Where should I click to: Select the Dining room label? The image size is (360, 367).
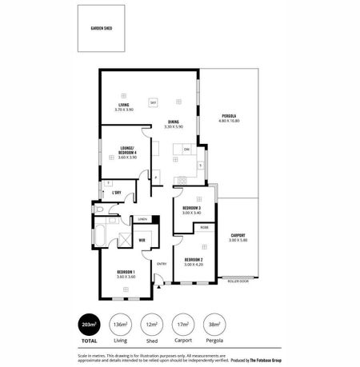173,123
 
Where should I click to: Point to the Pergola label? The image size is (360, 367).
229,118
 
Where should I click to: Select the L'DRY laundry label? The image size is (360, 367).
116,193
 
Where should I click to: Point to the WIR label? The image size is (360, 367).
141,239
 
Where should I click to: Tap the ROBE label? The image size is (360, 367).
204,228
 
